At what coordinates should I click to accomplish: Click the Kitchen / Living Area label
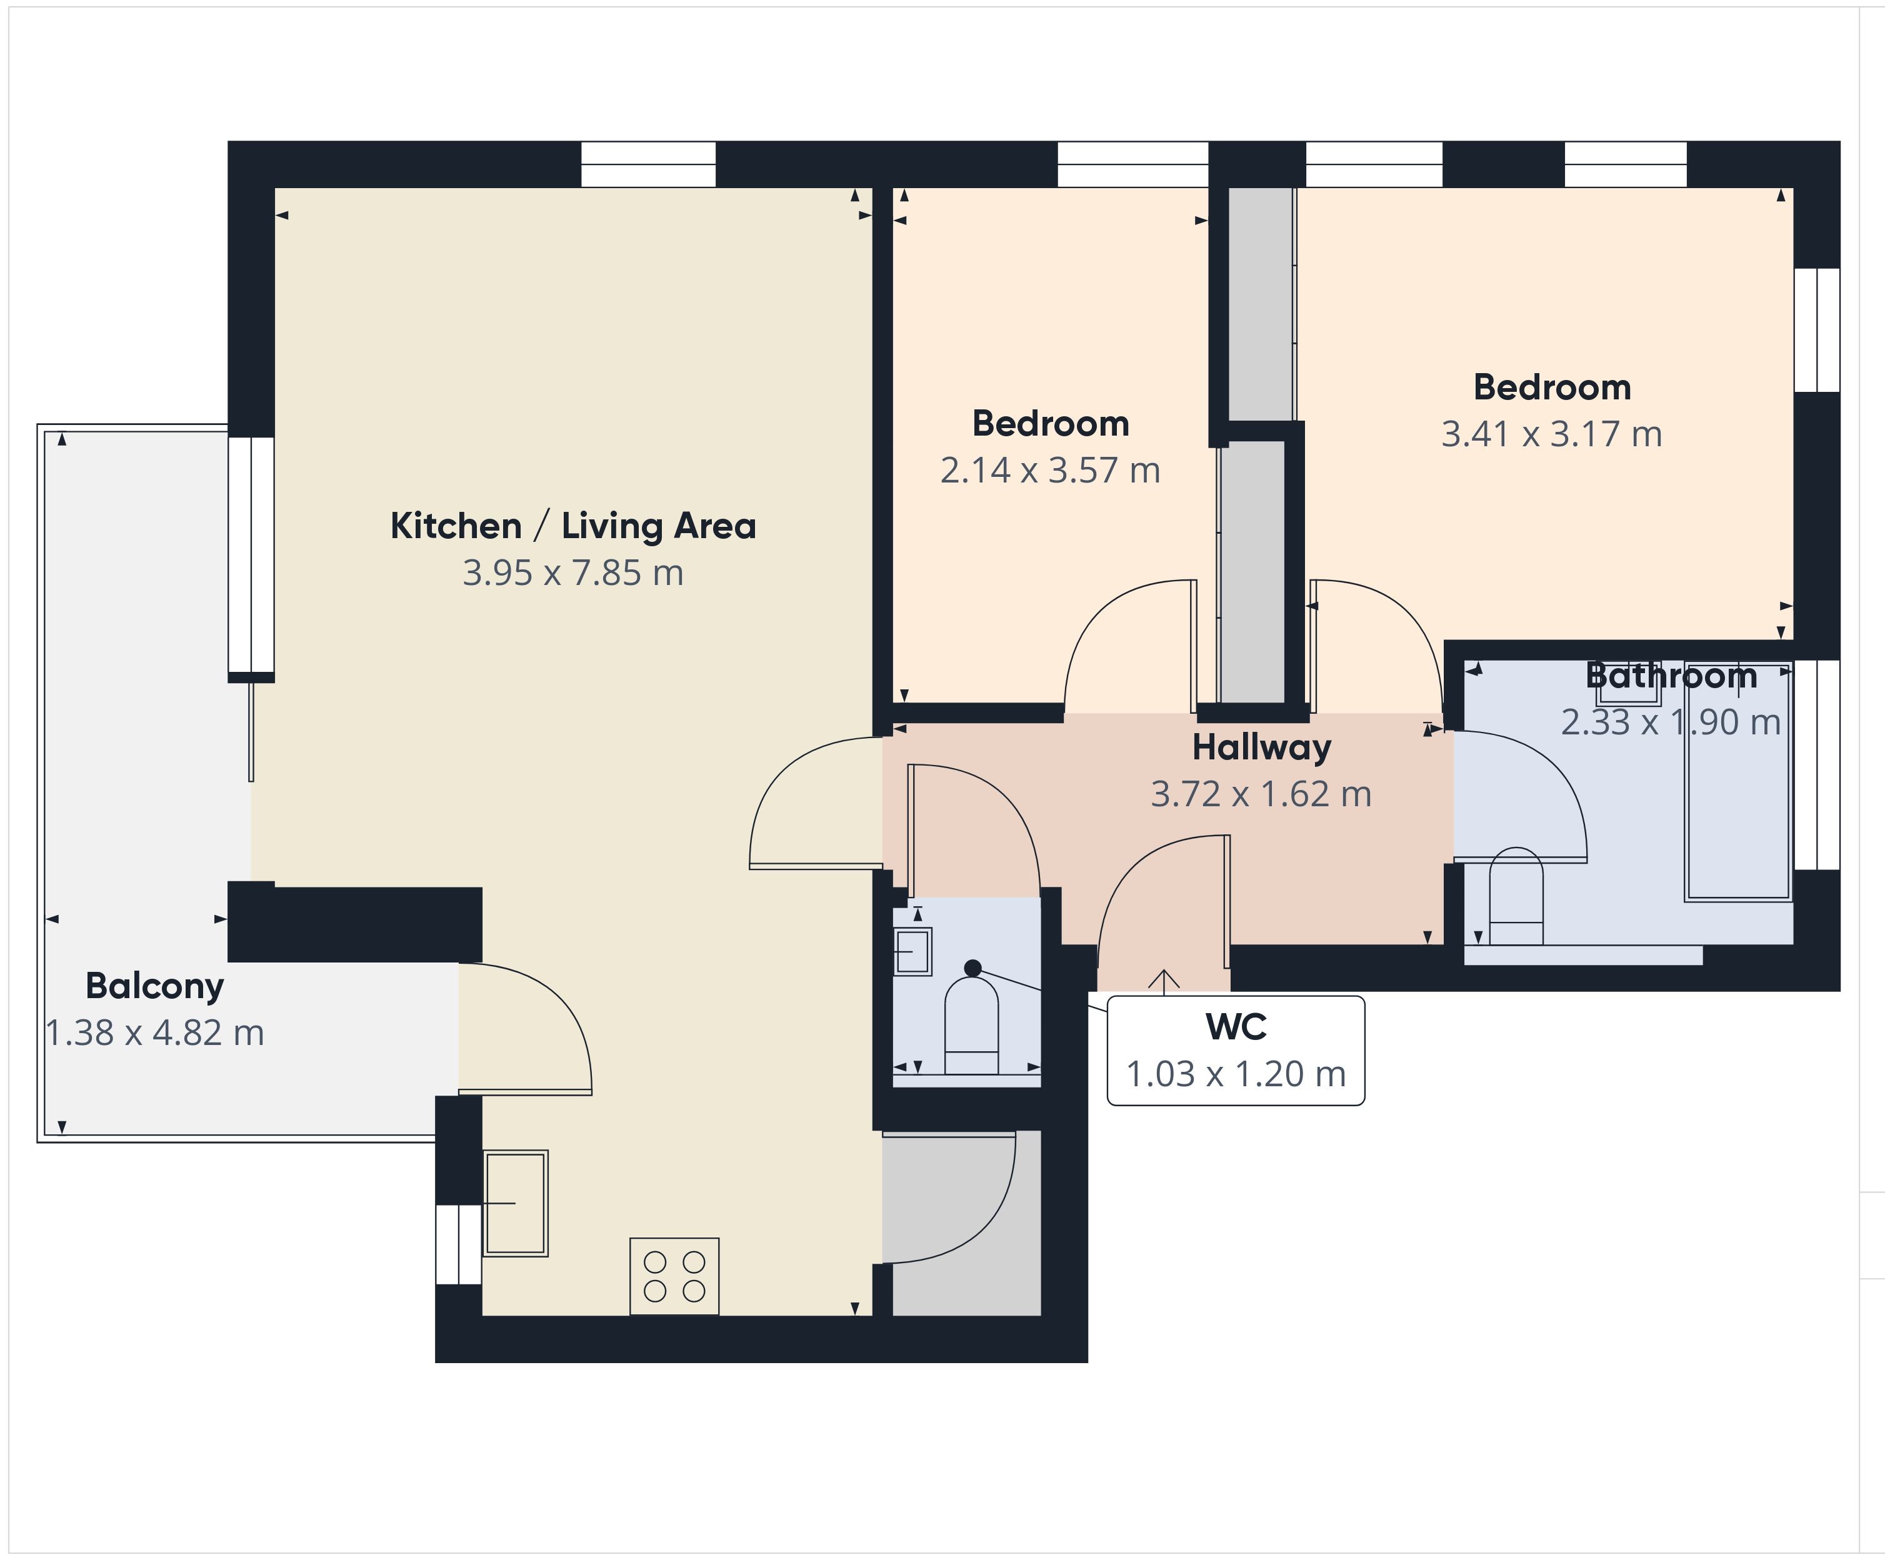pyautogui.click(x=572, y=526)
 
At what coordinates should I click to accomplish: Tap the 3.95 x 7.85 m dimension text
pyautogui.click(x=572, y=572)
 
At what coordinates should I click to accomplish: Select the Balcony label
pyautogui.click(x=154, y=986)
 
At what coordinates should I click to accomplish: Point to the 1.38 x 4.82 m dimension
pyautogui.click(x=155, y=1033)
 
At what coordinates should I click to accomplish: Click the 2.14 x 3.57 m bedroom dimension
pyautogui.click(x=1050, y=471)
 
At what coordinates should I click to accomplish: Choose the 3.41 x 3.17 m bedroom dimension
pyautogui.click(x=1552, y=434)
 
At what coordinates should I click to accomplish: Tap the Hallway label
pyautogui.click(x=1261, y=747)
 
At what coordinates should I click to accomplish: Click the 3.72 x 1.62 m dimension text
pyautogui.click(x=1261, y=794)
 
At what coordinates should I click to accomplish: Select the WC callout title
pyautogui.click(x=1236, y=1027)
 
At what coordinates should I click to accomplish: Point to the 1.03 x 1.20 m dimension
pyautogui.click(x=1236, y=1074)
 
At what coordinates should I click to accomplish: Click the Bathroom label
pyautogui.click(x=1671, y=676)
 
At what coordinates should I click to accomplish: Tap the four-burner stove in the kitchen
pyautogui.click(x=674, y=1276)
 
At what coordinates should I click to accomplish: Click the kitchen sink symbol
pyautogui.click(x=515, y=1202)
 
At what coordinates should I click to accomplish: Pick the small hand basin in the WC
pyautogui.click(x=912, y=951)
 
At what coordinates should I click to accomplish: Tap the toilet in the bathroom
pyautogui.click(x=1516, y=896)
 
